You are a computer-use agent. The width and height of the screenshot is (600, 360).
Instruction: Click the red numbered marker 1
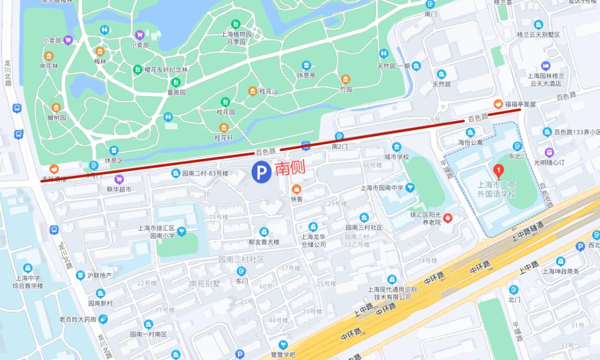tap(499, 169)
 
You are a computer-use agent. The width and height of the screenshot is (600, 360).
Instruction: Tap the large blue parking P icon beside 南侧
tap(260, 172)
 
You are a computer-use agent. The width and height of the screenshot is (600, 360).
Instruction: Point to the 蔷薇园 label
tap(176, 92)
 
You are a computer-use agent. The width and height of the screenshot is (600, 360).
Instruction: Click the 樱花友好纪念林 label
tap(166, 70)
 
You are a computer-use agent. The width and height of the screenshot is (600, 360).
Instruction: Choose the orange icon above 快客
tap(297, 189)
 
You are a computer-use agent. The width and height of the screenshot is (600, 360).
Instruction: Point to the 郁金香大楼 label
tap(264, 242)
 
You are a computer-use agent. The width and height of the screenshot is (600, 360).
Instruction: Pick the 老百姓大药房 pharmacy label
tap(78, 319)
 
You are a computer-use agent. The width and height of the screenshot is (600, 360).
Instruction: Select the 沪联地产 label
tap(99, 275)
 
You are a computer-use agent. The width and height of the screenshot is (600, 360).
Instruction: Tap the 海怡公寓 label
tap(470, 142)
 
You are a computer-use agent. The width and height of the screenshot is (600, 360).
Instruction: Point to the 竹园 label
tap(346, 89)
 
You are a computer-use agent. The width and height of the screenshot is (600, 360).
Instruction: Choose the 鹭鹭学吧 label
tap(283, 354)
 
